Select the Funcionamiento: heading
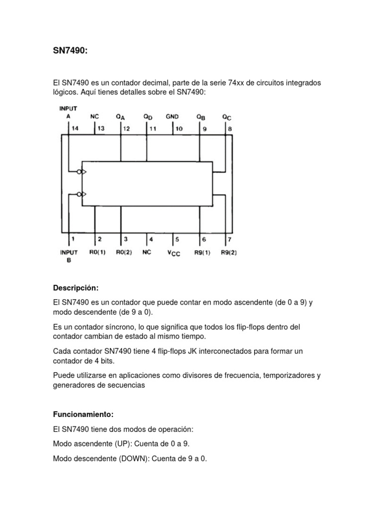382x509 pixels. (x=83, y=414)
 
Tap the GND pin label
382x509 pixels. (x=172, y=116)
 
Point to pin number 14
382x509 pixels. (x=75, y=128)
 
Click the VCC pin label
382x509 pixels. (x=174, y=253)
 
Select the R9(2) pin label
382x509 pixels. (x=229, y=252)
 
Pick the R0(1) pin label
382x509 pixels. (x=97, y=252)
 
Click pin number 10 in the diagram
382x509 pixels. (x=179, y=128)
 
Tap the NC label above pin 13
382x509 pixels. (x=95, y=116)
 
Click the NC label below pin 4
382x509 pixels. (x=146, y=252)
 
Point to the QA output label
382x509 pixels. (x=120, y=116)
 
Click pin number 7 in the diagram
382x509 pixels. (x=229, y=239)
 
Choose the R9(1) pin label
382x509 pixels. (x=202, y=252)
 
